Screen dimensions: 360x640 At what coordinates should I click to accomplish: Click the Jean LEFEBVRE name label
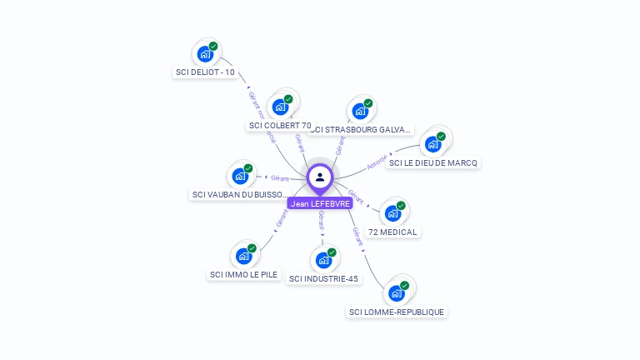320,203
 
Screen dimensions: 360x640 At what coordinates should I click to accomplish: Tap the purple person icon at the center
320,177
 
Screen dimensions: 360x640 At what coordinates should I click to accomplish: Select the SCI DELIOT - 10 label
205,72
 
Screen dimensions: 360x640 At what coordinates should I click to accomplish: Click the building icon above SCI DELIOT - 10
205,54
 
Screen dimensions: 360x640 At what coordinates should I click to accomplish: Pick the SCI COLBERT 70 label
280,126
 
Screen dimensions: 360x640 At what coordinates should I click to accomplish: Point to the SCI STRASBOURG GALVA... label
361,129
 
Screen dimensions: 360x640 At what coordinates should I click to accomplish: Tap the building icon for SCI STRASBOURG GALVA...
360,110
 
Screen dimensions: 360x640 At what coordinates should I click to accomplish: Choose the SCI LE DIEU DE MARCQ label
433,162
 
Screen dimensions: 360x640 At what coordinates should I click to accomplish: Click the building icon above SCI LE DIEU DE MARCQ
433,143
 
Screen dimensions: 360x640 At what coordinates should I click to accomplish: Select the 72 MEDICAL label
393,232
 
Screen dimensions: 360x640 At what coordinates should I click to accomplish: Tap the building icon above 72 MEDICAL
393,212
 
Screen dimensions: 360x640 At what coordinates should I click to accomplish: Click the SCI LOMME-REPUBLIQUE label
397,312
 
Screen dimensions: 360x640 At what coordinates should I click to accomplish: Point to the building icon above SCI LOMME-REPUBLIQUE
397,292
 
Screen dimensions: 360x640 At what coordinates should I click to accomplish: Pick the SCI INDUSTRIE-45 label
324,278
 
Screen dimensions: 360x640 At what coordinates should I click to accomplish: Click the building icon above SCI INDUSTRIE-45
324,259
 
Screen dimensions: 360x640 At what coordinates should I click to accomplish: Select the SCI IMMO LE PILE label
244,274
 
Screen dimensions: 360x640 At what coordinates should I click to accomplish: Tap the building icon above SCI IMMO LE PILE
243,255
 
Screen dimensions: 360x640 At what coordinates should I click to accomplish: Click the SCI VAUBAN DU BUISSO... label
240,195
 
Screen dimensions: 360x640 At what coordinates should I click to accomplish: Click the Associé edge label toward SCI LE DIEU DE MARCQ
377,161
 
